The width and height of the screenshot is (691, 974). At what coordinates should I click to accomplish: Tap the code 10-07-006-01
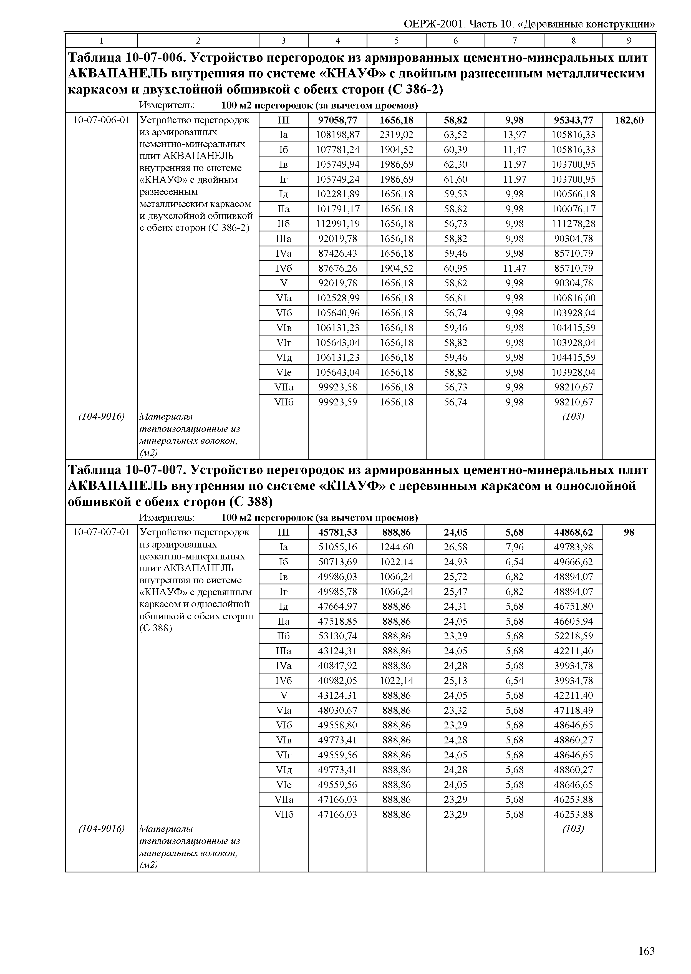click(x=101, y=120)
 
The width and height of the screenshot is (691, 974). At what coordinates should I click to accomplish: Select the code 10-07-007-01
click(x=101, y=532)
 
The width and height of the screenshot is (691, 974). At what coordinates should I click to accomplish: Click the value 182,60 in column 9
click(x=629, y=120)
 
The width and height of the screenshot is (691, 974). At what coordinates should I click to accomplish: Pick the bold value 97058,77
click(x=337, y=120)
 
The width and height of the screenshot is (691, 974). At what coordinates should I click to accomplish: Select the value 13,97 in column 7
click(x=515, y=135)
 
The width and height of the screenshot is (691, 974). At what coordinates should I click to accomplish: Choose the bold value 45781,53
click(x=337, y=532)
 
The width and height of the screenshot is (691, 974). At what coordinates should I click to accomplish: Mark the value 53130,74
click(x=337, y=636)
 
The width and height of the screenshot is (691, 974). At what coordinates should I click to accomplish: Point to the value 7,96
click(x=515, y=547)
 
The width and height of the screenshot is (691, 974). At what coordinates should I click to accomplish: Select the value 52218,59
click(x=573, y=636)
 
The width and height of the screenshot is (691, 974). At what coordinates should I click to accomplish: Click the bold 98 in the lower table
click(x=629, y=532)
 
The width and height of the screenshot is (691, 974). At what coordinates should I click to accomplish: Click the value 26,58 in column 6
click(x=455, y=547)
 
